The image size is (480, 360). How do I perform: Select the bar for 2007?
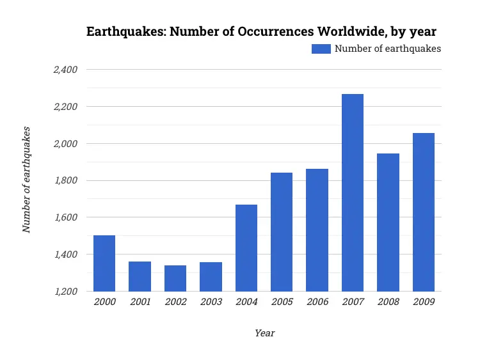[x=353, y=192]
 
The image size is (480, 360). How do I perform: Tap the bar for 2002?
[x=175, y=278]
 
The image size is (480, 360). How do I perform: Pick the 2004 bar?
[x=246, y=248]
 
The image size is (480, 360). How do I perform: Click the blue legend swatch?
[x=321, y=49]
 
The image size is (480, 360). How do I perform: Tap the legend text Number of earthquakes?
[x=388, y=49]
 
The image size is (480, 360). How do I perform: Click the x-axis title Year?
[x=264, y=333]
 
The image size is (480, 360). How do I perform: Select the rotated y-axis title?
[x=27, y=180]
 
